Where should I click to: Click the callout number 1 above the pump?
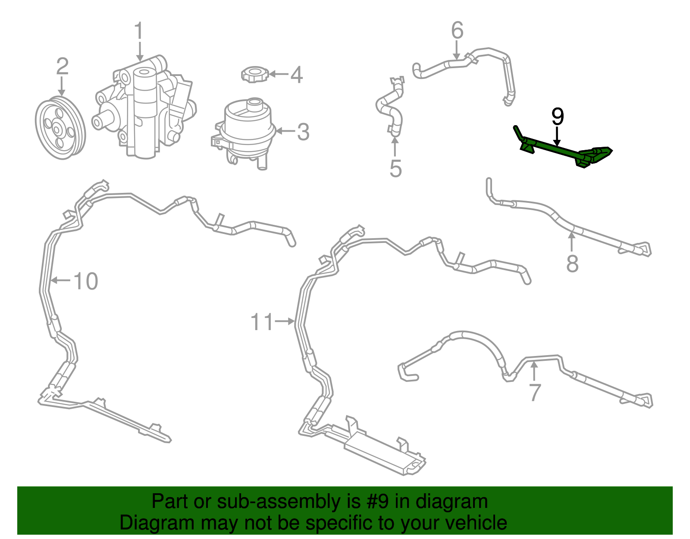[x=139, y=31]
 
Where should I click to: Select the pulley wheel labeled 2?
[x=60, y=128]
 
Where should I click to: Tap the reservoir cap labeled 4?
[x=255, y=75]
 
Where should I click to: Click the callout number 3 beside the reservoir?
[x=303, y=132]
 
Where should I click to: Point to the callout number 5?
[x=395, y=168]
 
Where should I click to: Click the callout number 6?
[x=457, y=31]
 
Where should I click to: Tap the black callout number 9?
[x=558, y=116]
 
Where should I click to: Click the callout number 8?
[x=573, y=263]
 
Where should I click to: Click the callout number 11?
[x=262, y=322]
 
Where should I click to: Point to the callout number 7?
[x=535, y=393]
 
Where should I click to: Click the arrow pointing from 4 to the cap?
[x=279, y=75]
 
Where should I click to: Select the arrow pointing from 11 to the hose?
[x=285, y=322]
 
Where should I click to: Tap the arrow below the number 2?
[x=62, y=86]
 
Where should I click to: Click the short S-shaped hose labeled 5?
[x=389, y=107]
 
